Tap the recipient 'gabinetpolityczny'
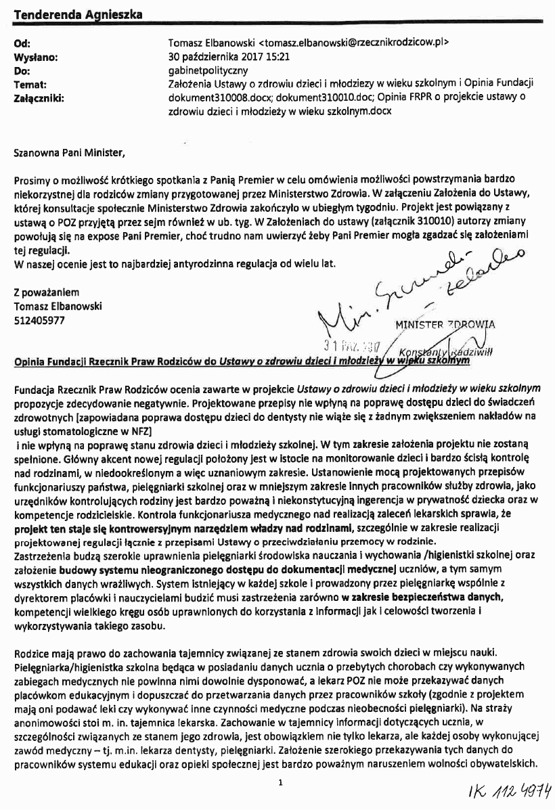click(x=208, y=70)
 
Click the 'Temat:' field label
click(x=30, y=85)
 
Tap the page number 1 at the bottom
click(x=280, y=782)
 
